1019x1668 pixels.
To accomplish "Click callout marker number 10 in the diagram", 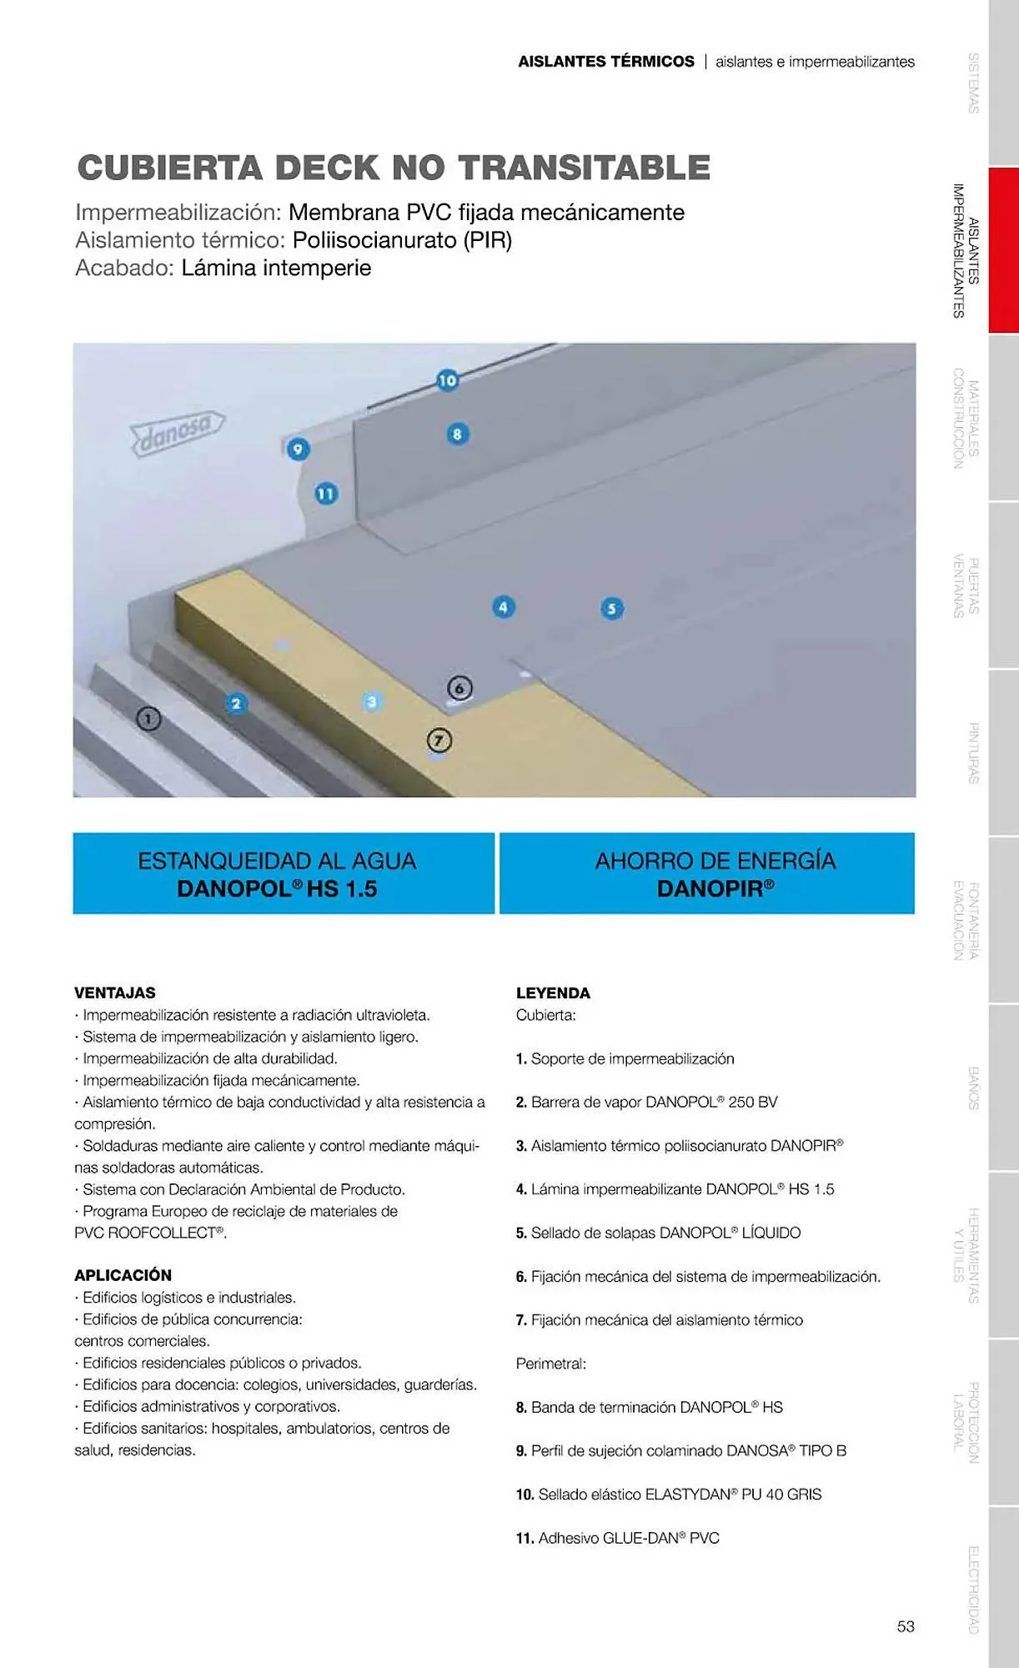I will click(x=448, y=380).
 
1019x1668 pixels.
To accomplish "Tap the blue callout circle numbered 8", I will click(x=457, y=434).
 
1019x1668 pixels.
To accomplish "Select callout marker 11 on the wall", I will click(x=325, y=494).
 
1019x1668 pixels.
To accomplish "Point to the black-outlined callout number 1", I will click(x=148, y=718).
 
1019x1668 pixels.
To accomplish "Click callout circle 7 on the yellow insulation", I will click(x=439, y=741).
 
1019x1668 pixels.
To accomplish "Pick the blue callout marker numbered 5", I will click(x=612, y=609).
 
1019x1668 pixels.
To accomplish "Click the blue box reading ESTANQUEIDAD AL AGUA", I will click(x=284, y=873).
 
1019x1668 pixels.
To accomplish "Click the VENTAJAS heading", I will click(x=115, y=992).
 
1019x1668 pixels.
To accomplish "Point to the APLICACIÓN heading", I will click(x=123, y=1275).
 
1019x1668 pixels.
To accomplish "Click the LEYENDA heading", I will click(x=553, y=992).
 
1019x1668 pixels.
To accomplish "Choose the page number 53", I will click(x=906, y=1626).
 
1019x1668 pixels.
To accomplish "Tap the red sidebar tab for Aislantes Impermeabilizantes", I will click(x=1003, y=250).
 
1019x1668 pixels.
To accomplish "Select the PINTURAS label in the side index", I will click(x=973, y=752).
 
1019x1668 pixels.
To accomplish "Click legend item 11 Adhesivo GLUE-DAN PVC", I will click(x=617, y=1538).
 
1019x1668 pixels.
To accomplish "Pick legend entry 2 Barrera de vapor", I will click(x=646, y=1102).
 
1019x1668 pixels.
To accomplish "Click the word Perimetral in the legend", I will click(x=550, y=1364).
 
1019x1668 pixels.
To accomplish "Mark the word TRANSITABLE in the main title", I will click(x=584, y=168).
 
